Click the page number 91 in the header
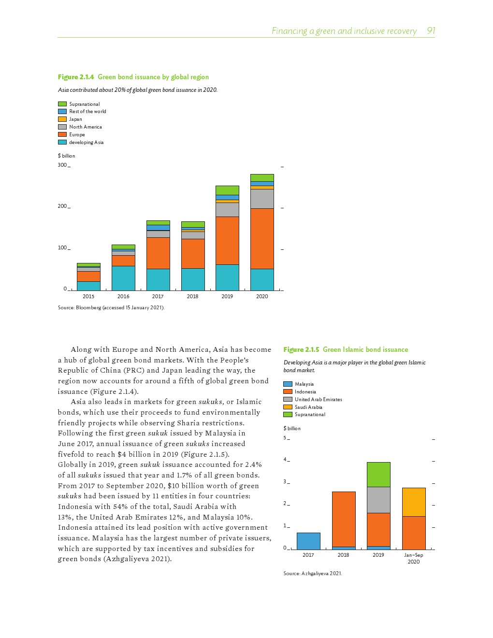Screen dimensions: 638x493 click(431, 31)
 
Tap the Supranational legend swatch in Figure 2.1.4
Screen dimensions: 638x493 click(62, 104)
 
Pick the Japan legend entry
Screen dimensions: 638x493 click(75, 119)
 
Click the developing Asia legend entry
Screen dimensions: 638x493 click(86, 142)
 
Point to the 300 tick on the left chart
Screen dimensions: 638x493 click(62, 165)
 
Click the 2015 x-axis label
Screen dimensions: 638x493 click(88, 296)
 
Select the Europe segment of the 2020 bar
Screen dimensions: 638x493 click(262, 238)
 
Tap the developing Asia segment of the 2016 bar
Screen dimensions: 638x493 click(123, 278)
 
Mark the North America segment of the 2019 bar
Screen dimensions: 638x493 click(227, 209)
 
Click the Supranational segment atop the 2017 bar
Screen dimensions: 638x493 click(158, 223)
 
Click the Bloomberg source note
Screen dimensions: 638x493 click(111, 307)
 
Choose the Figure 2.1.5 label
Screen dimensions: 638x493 click(301, 349)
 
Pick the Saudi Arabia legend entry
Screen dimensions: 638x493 click(308, 407)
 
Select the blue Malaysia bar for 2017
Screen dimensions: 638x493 click(308, 541)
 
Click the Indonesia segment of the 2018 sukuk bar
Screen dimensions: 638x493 click(344, 519)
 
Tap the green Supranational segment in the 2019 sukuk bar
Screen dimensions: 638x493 click(378, 474)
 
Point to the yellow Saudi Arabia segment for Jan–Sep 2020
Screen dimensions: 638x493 click(414, 502)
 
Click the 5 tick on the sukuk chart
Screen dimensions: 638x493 click(285, 438)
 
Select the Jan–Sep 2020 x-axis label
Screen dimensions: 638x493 click(414, 558)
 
